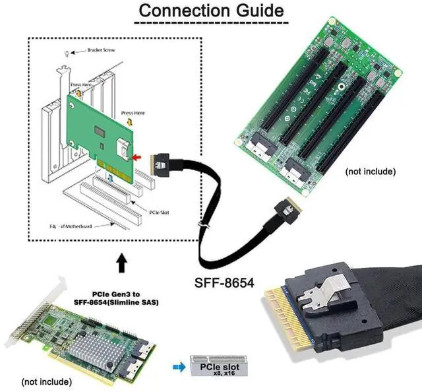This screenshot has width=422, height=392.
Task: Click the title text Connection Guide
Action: point(211,11)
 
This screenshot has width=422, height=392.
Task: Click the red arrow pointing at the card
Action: point(138,158)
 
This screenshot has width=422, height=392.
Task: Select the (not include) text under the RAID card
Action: point(47,381)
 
